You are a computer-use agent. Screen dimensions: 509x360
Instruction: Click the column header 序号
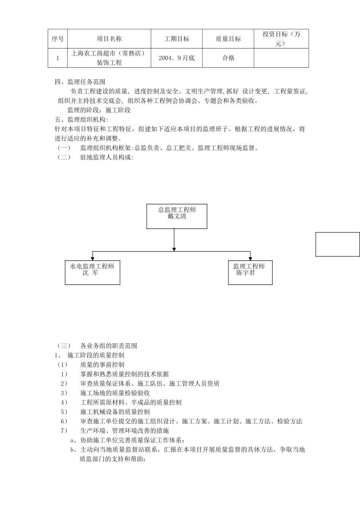[58, 39]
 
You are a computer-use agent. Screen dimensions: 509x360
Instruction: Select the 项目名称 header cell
[109, 39]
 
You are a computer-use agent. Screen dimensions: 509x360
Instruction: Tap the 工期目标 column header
[177, 39]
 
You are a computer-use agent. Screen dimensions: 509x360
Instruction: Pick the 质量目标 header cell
[228, 39]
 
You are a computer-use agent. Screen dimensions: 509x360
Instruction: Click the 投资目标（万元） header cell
[281, 39]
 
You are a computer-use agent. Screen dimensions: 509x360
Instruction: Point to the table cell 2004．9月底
[177, 58]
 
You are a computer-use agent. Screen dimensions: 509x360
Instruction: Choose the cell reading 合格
[228, 58]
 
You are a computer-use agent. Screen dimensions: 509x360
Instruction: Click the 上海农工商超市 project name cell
[109, 58]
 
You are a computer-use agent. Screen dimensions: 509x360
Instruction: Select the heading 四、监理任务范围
[80, 82]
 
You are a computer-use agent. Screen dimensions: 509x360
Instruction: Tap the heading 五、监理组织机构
[81, 120]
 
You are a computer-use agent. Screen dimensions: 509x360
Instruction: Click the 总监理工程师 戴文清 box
[177, 216]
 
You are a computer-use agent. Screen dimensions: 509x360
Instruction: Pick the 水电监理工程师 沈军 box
[92, 272]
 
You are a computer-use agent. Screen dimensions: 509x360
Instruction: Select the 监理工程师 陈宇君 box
[250, 272]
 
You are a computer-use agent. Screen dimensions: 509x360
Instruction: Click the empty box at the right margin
[337, 244]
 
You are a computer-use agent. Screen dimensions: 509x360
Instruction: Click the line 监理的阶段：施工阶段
[99, 110]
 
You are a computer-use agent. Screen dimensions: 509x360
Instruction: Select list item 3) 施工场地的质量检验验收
[115, 393]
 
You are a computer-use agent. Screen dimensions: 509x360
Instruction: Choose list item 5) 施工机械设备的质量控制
[115, 412]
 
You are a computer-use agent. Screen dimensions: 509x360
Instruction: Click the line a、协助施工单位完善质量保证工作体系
[127, 440]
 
